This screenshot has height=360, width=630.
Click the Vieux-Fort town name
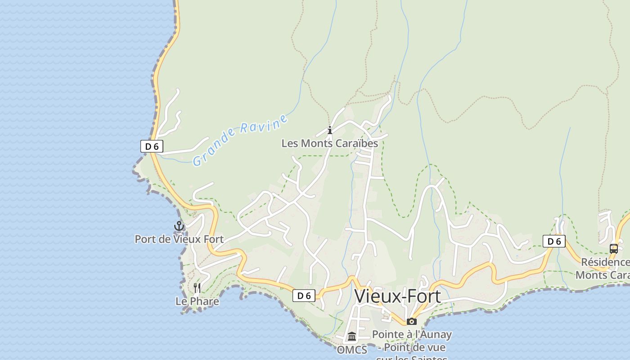tap(397, 296)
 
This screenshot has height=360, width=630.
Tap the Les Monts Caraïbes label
tap(329, 144)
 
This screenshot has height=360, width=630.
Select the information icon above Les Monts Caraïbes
tap(330, 130)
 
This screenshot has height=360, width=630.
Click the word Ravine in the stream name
tap(264, 124)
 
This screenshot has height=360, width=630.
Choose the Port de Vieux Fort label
tap(179, 239)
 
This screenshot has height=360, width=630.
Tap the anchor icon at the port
tap(179, 226)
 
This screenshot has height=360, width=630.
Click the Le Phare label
tap(197, 301)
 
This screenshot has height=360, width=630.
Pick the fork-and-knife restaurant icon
tap(197, 288)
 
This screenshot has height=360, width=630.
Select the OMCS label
tap(352, 350)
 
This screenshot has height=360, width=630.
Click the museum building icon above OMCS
tap(352, 337)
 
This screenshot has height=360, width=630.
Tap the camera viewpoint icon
tap(412, 321)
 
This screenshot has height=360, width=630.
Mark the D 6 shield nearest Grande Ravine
tap(152, 146)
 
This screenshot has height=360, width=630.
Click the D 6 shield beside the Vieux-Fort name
tap(304, 296)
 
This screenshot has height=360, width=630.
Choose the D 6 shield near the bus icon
tap(554, 241)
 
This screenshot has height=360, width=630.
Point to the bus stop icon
tap(614, 248)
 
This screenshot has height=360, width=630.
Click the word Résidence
tap(605, 262)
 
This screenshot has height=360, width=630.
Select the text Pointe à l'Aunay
tap(412, 334)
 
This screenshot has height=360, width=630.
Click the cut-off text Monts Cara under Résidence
tap(603, 275)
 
